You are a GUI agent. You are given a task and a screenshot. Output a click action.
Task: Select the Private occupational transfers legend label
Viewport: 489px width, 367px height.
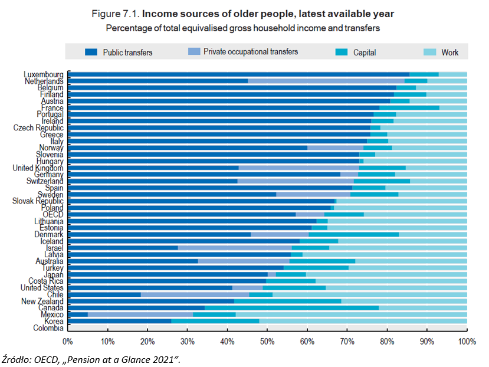[x=251, y=52]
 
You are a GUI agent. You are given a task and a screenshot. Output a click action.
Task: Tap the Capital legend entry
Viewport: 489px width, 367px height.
[x=364, y=53]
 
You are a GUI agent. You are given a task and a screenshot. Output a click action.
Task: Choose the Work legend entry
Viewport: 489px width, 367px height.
[x=449, y=53]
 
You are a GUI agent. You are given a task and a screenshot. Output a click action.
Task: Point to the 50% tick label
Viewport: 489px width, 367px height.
[x=267, y=342]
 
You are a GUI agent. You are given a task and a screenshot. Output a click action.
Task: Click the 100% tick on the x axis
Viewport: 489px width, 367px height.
[x=467, y=342]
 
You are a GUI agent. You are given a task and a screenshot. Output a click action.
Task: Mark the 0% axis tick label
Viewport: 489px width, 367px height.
[x=68, y=342]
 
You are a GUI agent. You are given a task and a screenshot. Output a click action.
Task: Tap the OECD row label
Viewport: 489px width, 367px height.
[x=53, y=215]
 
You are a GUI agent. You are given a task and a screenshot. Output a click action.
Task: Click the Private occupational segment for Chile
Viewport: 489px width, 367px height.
[x=195, y=294]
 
